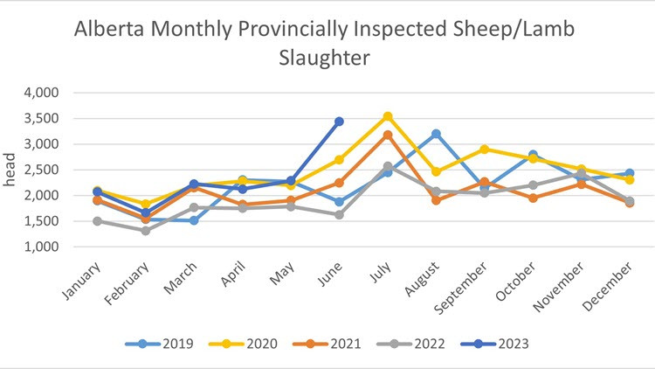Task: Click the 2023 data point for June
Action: [x=339, y=122]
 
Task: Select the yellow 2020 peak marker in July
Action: [x=387, y=116]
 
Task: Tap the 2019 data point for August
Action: [x=436, y=134]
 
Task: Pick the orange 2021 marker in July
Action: [x=387, y=135]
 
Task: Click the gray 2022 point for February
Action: [x=146, y=231]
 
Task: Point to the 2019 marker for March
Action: [x=194, y=220]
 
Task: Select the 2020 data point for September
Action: [x=484, y=150]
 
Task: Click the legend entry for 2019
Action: [x=154, y=344]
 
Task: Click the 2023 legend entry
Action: [x=502, y=344]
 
